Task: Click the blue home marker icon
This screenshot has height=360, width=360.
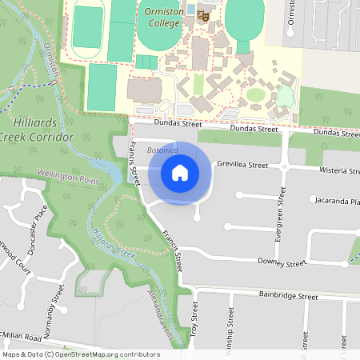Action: coord(180,172)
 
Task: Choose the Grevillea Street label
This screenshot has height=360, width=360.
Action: coord(242,165)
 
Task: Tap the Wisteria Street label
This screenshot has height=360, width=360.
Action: coord(338,170)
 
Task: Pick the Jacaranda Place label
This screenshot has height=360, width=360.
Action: coord(337,201)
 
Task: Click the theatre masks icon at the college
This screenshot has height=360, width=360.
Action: coord(204,15)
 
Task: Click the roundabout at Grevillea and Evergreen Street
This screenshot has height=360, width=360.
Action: coord(284,166)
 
